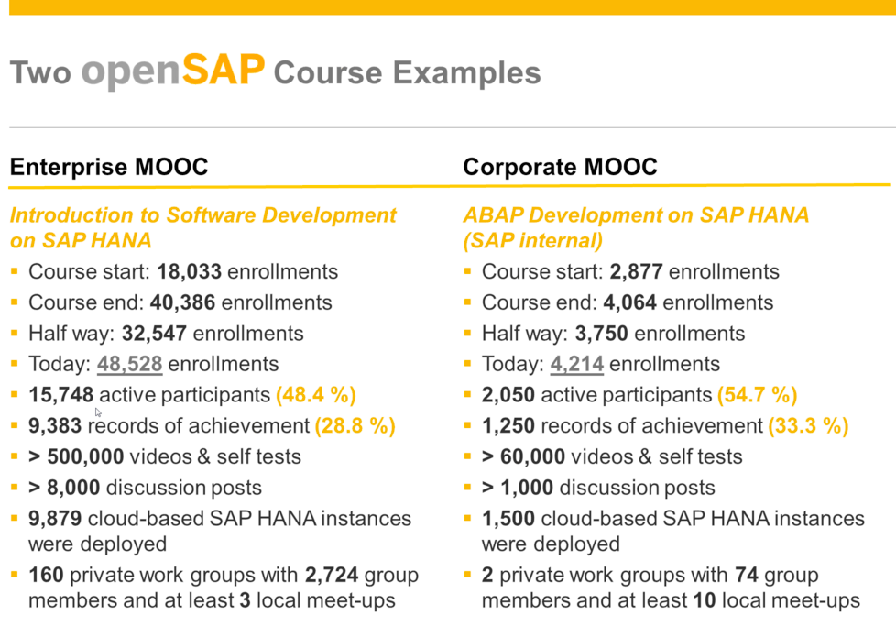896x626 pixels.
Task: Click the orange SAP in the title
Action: coord(224,70)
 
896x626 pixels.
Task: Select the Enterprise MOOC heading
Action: coord(109,167)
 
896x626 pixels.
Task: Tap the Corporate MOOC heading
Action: coord(560,167)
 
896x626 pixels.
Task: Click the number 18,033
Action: coord(189,271)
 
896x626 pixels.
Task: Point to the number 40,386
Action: coord(183,302)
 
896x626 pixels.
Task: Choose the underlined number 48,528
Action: coord(130,364)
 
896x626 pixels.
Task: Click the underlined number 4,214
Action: coord(576,364)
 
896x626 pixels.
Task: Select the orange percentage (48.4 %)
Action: coord(316,395)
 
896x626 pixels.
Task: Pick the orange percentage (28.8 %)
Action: coord(355,426)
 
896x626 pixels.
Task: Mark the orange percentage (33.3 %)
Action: coord(808,426)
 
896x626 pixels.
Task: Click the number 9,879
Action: coord(55,519)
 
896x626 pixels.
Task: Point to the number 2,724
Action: coord(332,575)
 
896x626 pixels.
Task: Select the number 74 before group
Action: coord(747,575)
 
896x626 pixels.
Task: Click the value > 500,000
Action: coord(76,456)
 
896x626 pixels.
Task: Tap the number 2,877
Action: coord(636,271)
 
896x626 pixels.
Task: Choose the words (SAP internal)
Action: coord(532,241)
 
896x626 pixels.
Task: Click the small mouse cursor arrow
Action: coord(98,412)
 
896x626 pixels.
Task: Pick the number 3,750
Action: coord(601,334)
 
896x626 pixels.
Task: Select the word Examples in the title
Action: coord(466,73)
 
